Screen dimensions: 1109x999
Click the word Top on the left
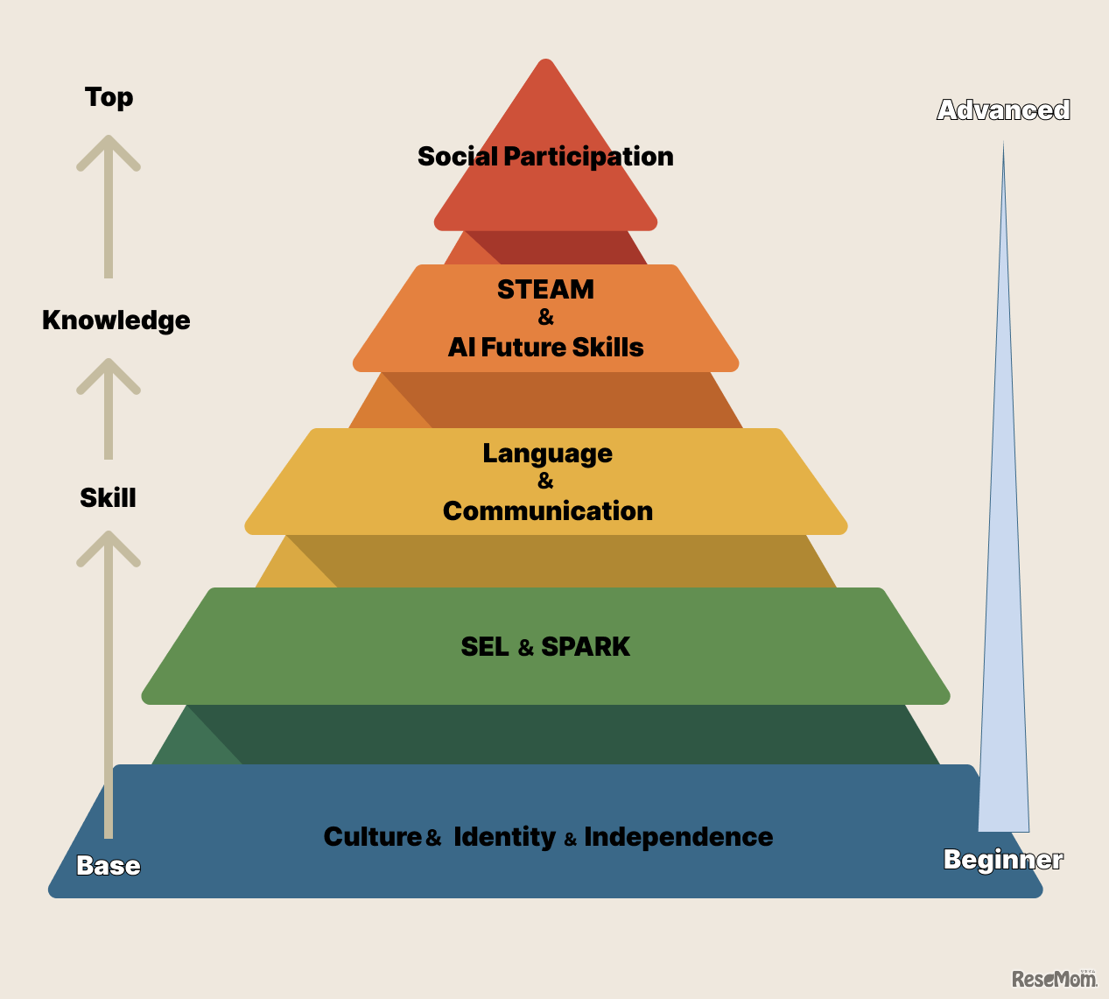tap(109, 98)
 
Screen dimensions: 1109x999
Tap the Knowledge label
tap(116, 320)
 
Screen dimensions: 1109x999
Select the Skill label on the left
tap(108, 497)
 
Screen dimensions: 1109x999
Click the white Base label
tap(109, 865)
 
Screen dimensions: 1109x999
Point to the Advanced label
tap(1003, 109)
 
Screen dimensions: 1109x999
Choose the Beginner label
tap(1003, 860)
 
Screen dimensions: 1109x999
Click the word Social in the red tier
tap(458, 156)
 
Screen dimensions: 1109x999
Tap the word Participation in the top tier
tap(589, 157)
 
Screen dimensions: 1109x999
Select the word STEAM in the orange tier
tap(545, 289)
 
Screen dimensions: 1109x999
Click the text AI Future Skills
tap(545, 348)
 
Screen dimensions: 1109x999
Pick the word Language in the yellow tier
tap(547, 454)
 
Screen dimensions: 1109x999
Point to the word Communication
tap(548, 510)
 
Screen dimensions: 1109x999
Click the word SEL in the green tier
tap(485, 647)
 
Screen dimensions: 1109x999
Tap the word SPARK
tap(586, 647)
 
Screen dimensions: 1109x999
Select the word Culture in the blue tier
tap(373, 836)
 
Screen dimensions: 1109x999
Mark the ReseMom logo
tap(1055, 978)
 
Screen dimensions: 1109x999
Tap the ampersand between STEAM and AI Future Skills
tap(545, 318)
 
